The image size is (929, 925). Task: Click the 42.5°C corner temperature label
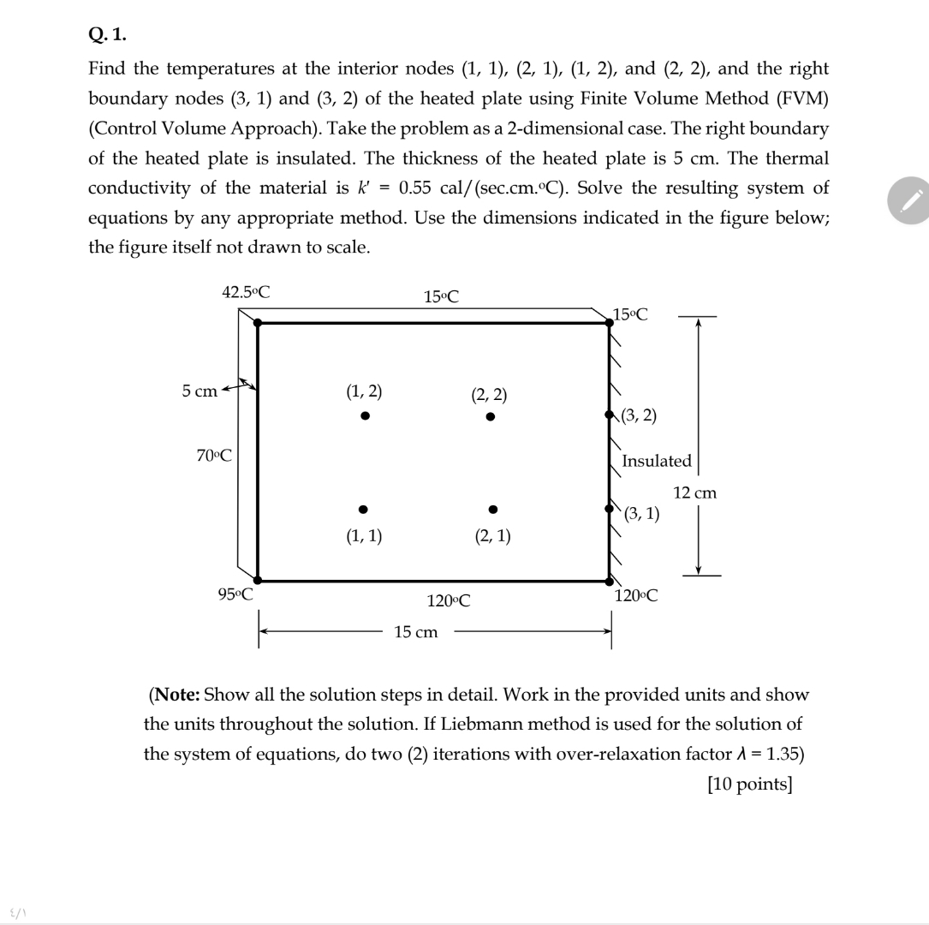point(246,291)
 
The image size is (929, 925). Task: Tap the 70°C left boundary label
point(214,455)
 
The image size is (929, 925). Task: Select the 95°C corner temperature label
point(235,594)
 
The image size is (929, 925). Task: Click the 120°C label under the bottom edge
point(449,600)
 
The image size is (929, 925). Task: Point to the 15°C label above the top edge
point(441,297)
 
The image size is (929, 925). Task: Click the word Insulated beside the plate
point(656,461)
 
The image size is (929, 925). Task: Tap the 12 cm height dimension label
point(694,492)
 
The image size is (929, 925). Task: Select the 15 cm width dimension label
point(416,632)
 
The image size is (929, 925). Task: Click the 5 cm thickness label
point(199,391)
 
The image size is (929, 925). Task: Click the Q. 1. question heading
point(107,34)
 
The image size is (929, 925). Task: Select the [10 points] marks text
point(749,785)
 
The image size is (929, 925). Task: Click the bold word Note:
point(178,694)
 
